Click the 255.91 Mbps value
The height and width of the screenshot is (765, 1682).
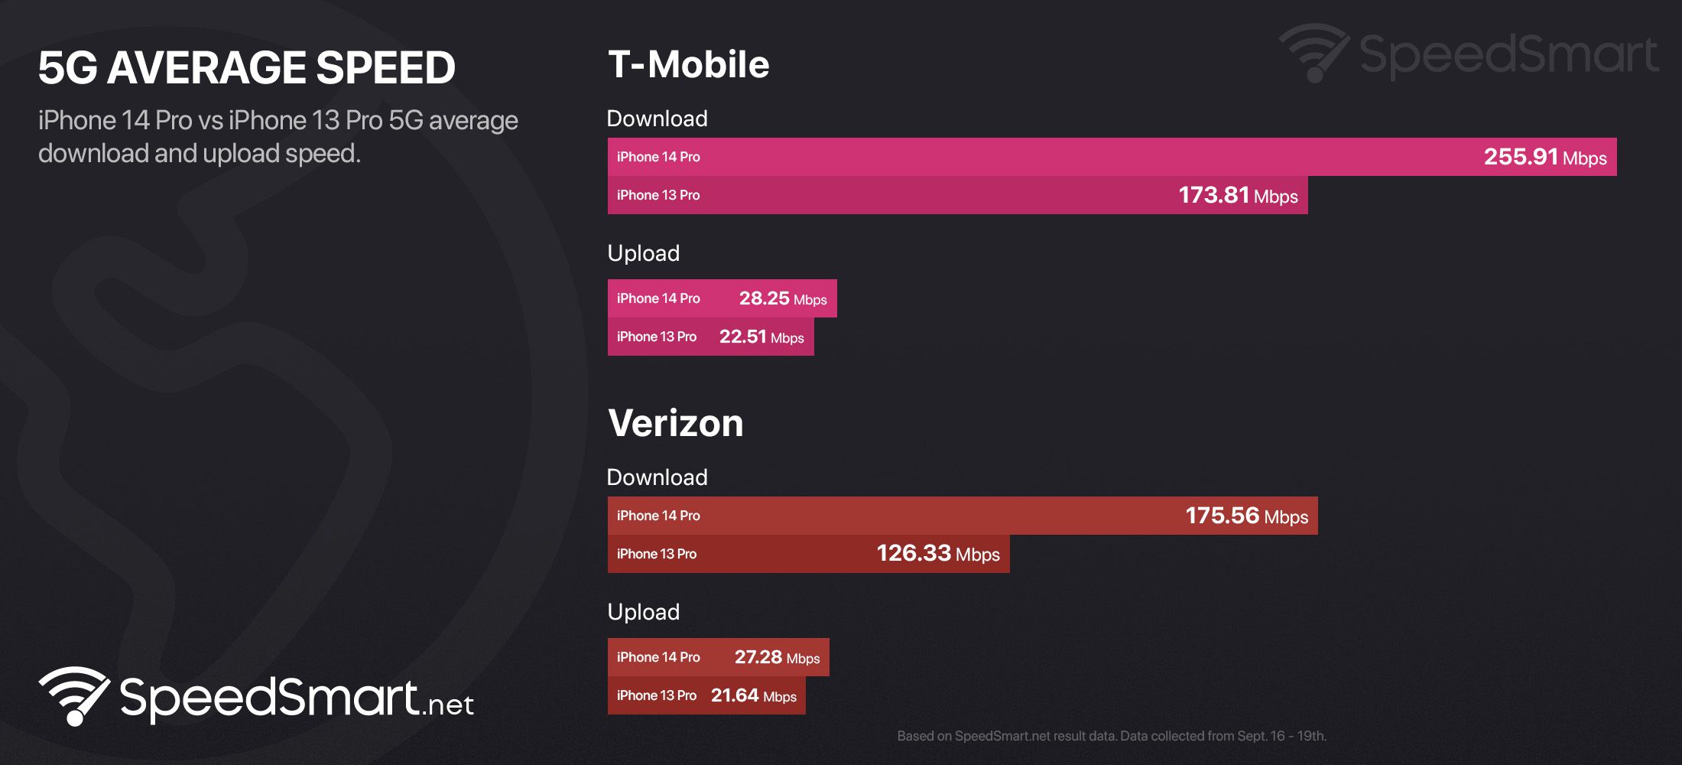click(x=1544, y=157)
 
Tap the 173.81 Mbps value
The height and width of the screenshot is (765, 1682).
click(x=1237, y=195)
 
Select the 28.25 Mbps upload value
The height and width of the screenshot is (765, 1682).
click(x=782, y=298)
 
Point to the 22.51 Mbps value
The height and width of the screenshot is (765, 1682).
click(x=761, y=337)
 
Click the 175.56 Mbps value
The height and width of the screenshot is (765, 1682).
click(x=1246, y=516)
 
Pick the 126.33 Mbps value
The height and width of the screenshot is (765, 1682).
click(x=937, y=553)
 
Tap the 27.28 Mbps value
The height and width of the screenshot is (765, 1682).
click(x=776, y=657)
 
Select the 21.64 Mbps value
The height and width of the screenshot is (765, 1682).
click(x=753, y=695)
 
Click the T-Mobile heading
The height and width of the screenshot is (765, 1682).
click(x=688, y=64)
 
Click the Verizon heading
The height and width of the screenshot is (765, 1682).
click(x=675, y=423)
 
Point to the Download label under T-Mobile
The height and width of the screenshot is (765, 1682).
click(x=657, y=119)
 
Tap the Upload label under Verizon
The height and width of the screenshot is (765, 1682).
click(x=643, y=612)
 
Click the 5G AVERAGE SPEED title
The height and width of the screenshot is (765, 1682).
click(x=246, y=67)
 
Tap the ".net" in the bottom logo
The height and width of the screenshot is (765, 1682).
click(x=448, y=704)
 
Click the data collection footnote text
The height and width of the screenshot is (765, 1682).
click(x=1111, y=736)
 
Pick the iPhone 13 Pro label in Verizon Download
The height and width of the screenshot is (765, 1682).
click(x=656, y=554)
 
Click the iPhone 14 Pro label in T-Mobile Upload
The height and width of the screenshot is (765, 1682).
click(x=658, y=298)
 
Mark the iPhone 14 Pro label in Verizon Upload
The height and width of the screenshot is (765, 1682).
click(x=658, y=657)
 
